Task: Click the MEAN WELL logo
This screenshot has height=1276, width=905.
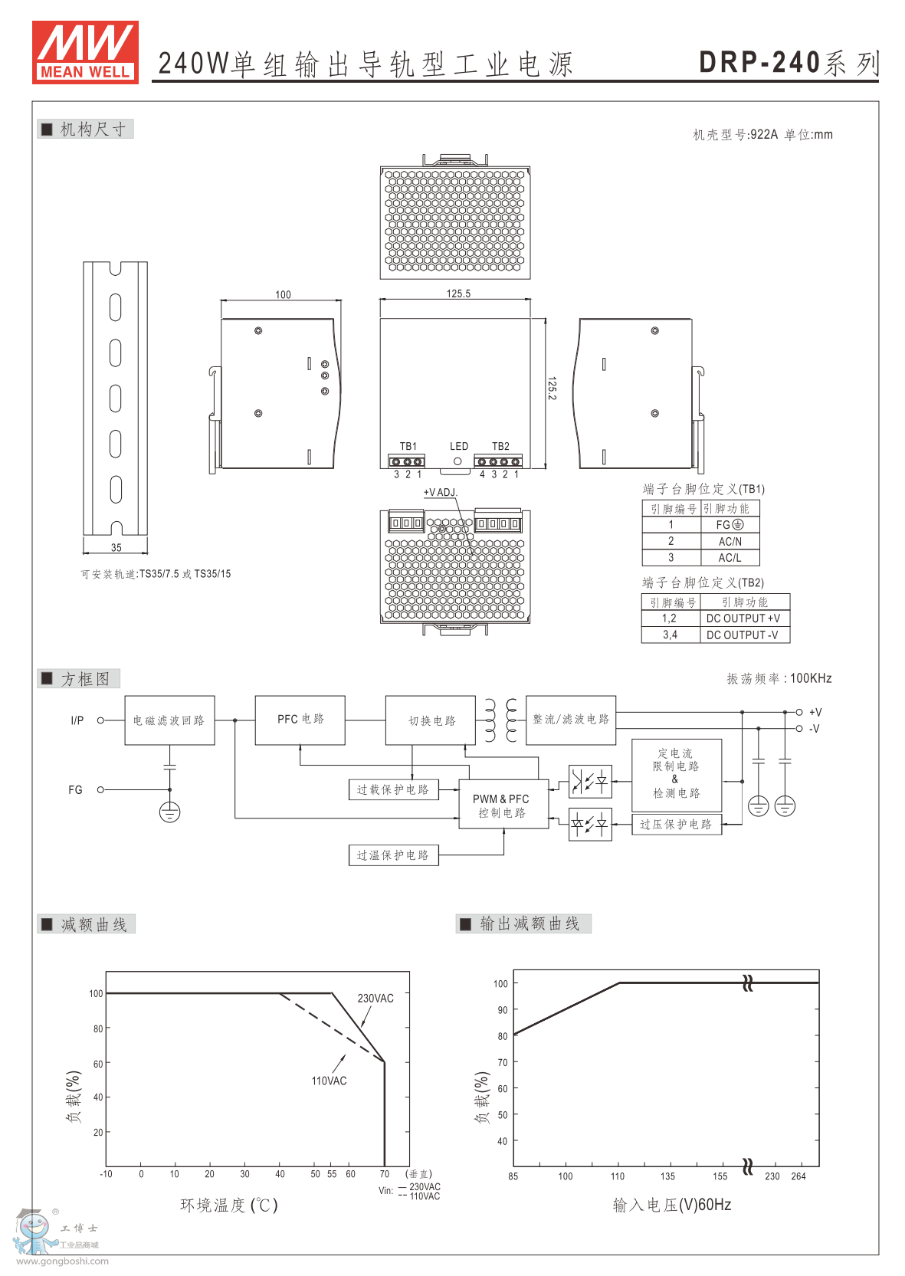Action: coord(85,51)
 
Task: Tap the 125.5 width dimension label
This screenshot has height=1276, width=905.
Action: coord(458,294)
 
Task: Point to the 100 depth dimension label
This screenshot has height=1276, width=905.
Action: coord(283,294)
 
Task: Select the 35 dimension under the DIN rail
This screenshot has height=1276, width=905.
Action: coord(116,547)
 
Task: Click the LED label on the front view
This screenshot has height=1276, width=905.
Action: coord(458,446)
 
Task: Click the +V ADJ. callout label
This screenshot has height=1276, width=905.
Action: coord(440,492)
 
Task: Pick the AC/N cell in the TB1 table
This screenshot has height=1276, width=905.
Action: coord(730,541)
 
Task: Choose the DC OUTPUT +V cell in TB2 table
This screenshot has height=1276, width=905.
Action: coord(743,618)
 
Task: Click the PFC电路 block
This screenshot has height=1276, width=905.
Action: coord(300,720)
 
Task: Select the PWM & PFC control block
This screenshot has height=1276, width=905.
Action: coord(502,805)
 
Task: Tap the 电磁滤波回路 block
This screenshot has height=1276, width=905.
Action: coord(169,720)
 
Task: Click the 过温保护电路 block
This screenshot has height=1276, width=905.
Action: coord(393,855)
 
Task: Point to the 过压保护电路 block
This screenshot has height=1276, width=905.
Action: coord(676,825)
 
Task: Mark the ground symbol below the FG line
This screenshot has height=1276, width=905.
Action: coord(169,812)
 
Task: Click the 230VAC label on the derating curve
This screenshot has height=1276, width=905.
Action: coord(375,999)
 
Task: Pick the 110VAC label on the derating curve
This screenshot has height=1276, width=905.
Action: coord(329,1081)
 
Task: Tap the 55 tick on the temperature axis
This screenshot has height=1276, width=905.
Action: coord(332,1174)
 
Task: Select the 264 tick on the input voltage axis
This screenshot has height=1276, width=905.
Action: coord(798,1176)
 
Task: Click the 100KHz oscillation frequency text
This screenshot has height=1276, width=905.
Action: coord(811,678)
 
